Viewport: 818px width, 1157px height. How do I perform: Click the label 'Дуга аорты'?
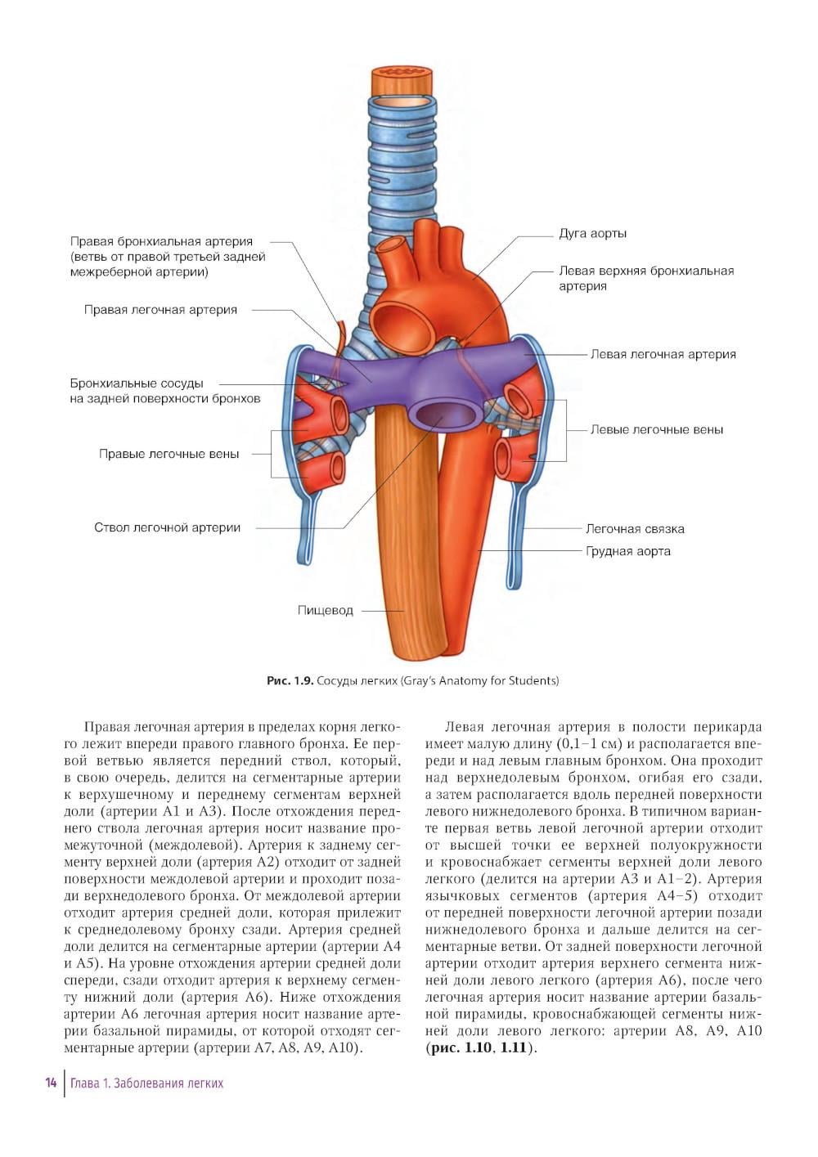(592, 234)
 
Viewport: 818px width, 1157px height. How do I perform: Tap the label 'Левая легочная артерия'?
(663, 355)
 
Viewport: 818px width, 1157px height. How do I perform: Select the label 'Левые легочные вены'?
(657, 430)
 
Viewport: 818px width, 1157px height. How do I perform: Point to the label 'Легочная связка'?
(635, 529)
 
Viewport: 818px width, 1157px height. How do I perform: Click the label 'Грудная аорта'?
(627, 552)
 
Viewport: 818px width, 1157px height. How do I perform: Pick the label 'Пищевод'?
(326, 611)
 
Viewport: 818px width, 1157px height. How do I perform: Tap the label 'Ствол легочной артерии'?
(167, 528)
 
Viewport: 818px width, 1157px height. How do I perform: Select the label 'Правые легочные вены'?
(169, 455)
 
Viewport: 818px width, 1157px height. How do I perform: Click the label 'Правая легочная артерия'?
(160, 311)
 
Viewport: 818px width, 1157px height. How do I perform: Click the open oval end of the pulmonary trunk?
(437, 413)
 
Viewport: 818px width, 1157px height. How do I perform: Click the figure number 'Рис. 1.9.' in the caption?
(290, 681)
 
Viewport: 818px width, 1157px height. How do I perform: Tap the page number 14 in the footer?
(51, 1083)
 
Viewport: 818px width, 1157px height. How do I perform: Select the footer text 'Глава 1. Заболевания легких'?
(146, 1084)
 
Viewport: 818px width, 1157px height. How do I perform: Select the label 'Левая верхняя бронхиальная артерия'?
(645, 279)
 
